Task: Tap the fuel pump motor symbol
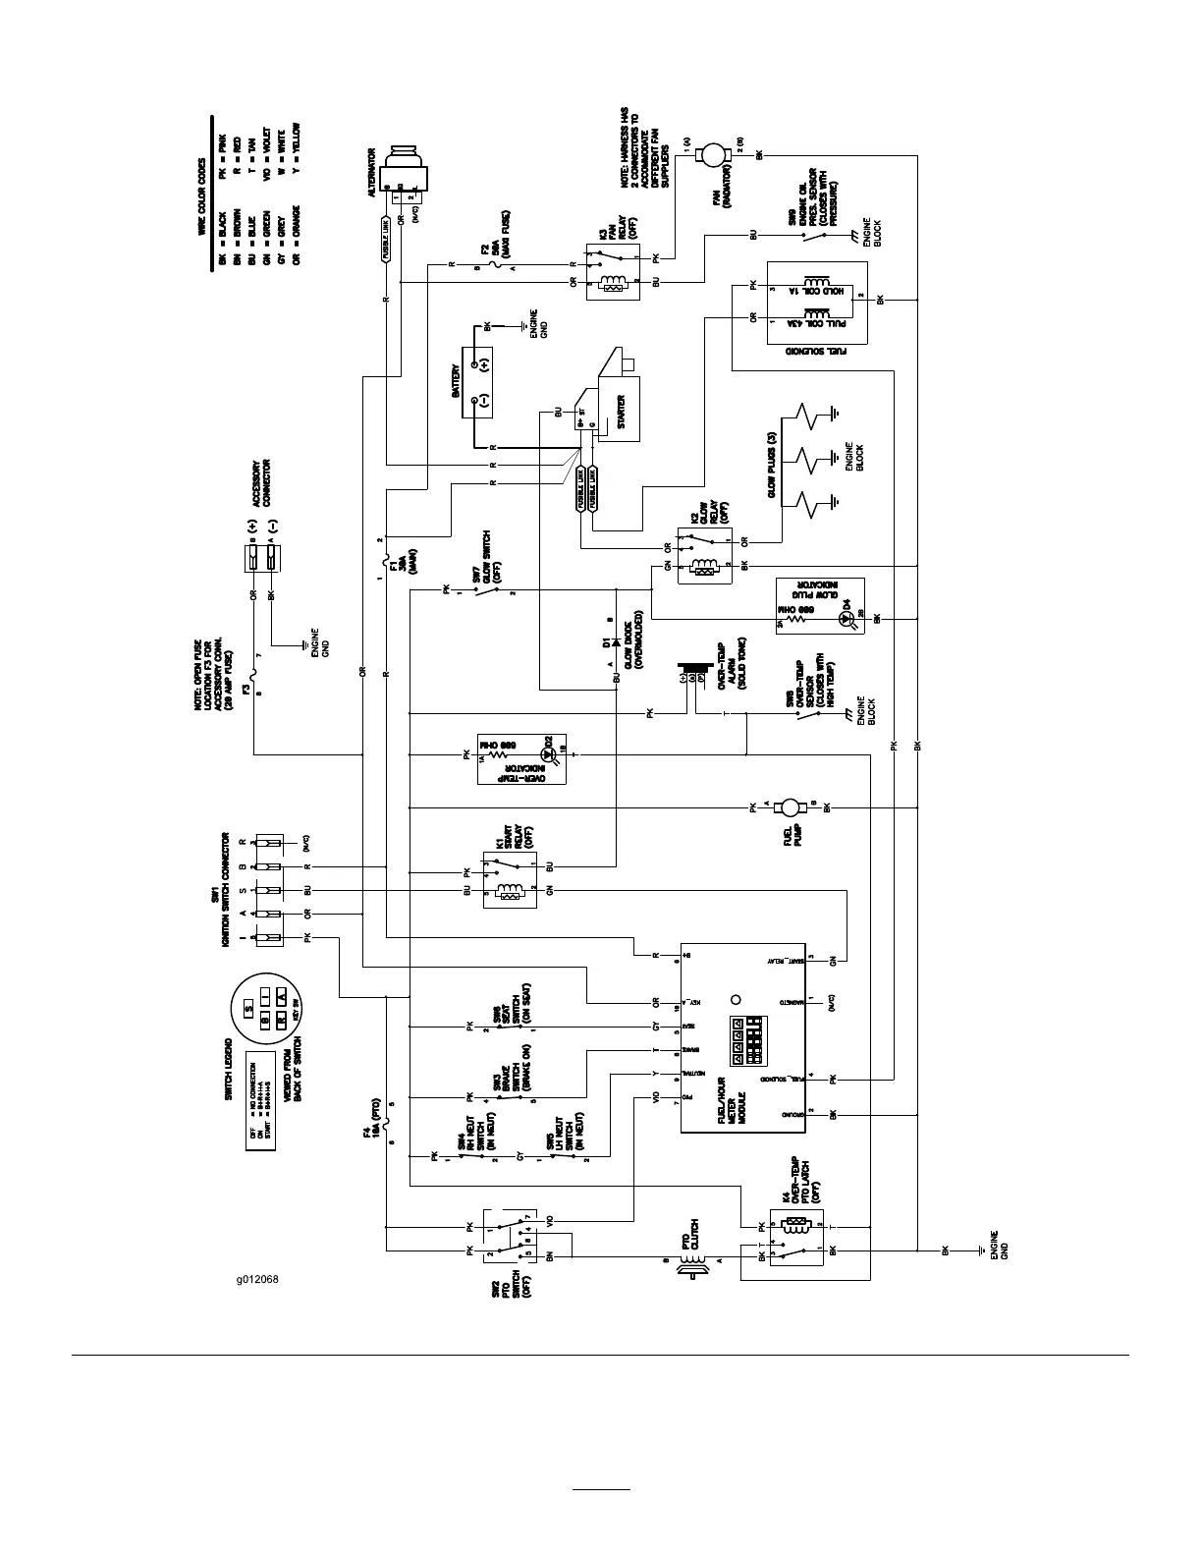pos(789,807)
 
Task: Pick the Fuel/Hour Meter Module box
pos(743,1038)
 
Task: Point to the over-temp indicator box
pos(520,756)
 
